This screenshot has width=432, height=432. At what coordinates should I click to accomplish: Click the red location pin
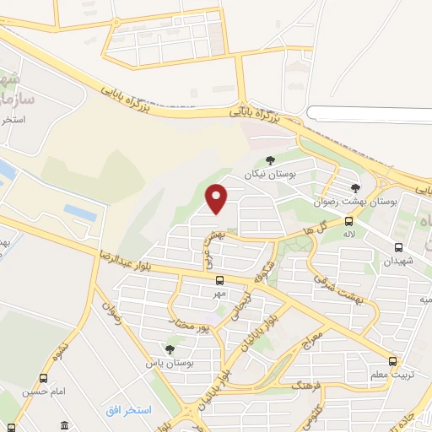218,199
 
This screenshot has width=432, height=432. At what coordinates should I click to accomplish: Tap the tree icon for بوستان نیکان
270,160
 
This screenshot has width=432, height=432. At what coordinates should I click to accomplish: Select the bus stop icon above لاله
348,221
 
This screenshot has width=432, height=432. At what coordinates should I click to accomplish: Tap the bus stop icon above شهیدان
399,247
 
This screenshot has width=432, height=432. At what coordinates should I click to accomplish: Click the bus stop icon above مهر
219,280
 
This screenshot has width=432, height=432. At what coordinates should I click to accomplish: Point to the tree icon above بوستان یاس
170,348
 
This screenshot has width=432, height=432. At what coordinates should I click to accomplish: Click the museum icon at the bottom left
65,424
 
